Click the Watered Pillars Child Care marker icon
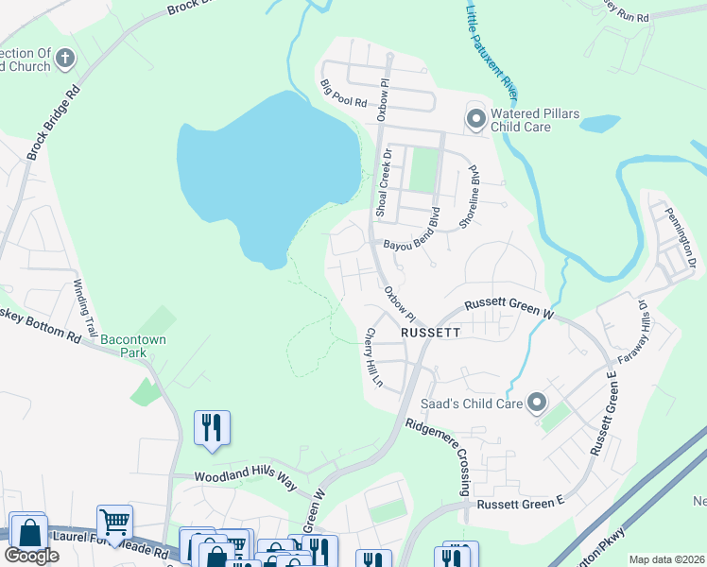tap(475, 119)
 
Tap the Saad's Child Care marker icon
tap(537, 404)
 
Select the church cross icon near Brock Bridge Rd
tap(65, 59)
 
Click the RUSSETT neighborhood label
tap(430, 334)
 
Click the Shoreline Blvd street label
tap(475, 196)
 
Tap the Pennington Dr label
tap(680, 237)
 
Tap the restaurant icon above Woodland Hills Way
tap(212, 428)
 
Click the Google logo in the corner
tap(31, 556)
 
